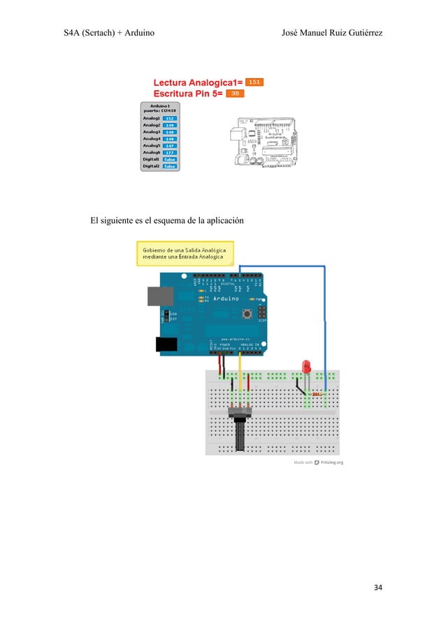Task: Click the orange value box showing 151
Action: (254, 82)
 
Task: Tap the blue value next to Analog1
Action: (169, 118)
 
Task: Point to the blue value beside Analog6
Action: (169, 152)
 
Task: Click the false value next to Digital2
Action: (169, 166)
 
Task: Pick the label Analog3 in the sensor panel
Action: (152, 131)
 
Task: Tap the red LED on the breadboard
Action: (305, 367)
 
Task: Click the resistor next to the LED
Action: (318, 394)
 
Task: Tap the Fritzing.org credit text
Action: (332, 462)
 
